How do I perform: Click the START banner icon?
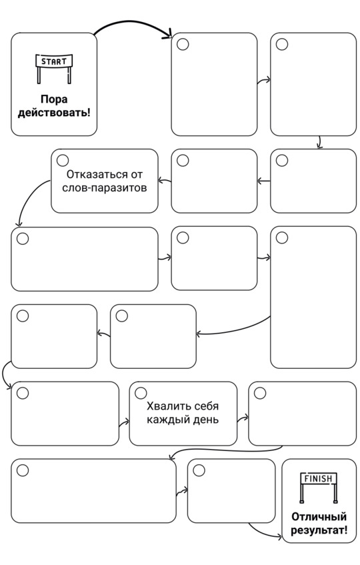(x=54, y=69)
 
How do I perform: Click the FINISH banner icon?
(x=319, y=487)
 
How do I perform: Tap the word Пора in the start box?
(x=54, y=99)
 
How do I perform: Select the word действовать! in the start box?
(x=54, y=113)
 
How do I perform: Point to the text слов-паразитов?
(x=105, y=187)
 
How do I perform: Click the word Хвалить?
(x=169, y=406)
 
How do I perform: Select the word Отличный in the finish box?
(x=319, y=517)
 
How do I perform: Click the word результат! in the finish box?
(x=319, y=530)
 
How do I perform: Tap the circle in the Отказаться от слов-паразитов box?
(x=63, y=160)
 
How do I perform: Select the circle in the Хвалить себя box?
(x=141, y=393)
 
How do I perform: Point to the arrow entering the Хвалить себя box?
(x=124, y=423)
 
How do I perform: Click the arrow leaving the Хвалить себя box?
(x=243, y=419)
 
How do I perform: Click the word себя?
(x=206, y=406)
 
